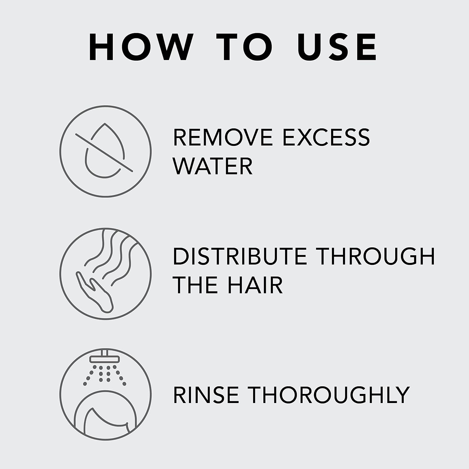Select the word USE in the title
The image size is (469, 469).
point(337,47)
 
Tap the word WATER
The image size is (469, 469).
point(213,166)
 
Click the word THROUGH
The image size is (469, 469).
point(376,256)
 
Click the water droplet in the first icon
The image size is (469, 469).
point(105,156)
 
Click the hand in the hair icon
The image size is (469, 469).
point(95,292)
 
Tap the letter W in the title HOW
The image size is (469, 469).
point(167,47)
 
